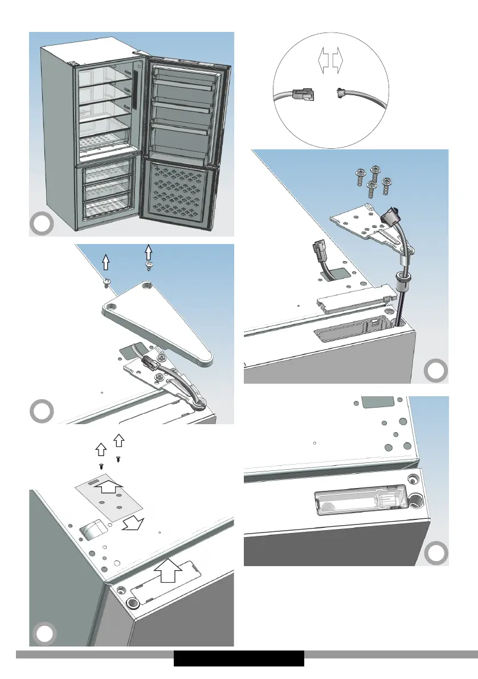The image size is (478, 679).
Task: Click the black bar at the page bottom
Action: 239,658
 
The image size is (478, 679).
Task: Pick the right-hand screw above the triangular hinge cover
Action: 149,266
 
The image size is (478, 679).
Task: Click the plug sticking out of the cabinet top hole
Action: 318,251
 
